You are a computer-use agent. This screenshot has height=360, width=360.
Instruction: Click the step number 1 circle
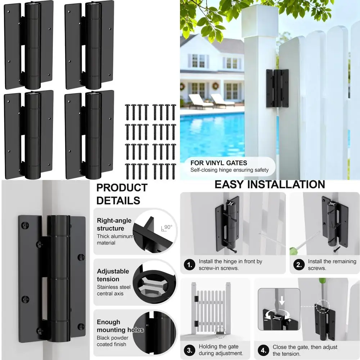coord(189,265)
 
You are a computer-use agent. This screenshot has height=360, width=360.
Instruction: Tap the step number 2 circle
coord(299,265)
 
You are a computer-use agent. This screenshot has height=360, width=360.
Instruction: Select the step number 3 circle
coord(189,350)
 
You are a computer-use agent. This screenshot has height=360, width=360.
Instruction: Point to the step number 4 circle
coord(264,350)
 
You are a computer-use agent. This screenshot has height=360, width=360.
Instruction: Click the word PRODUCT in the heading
coord(122,188)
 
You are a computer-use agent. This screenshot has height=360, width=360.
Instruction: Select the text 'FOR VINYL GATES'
coord(224,163)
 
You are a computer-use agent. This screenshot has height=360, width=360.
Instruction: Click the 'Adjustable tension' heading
coord(113,275)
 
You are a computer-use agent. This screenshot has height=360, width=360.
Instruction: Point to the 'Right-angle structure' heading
coord(114,224)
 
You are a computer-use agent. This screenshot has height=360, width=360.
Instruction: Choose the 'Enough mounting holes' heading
coord(120,326)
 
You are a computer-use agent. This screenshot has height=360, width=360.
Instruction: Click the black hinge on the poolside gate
coord(277,88)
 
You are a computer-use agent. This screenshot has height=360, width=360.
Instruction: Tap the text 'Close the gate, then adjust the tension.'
coord(305,350)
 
